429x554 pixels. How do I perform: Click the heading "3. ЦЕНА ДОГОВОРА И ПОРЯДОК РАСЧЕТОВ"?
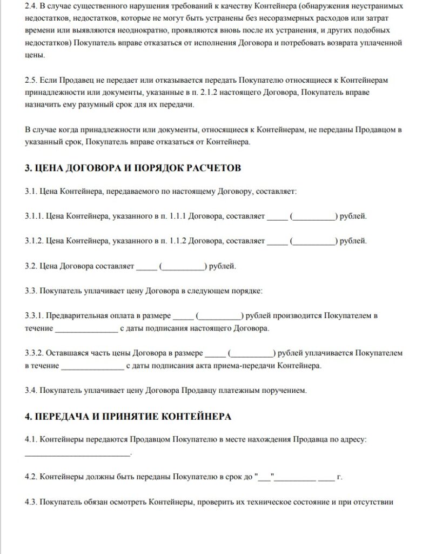click(x=133, y=168)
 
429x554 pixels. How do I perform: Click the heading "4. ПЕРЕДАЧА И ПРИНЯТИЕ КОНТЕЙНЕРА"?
click(x=129, y=417)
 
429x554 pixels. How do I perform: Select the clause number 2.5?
click(x=31, y=80)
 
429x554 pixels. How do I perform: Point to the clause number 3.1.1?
click(x=34, y=216)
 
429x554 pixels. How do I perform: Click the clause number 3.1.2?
click(x=34, y=240)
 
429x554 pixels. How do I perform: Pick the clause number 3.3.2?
click(x=34, y=353)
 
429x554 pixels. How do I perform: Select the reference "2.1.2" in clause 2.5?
click(x=221, y=93)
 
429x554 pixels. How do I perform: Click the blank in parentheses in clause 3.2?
click(x=183, y=267)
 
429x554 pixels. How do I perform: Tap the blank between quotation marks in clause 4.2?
click(x=266, y=478)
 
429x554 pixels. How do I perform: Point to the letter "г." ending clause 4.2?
click(x=340, y=478)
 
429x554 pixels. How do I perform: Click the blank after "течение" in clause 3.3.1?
click(x=86, y=328)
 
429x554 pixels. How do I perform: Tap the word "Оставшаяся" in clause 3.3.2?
click(x=65, y=353)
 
